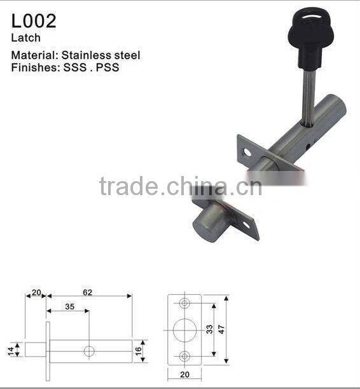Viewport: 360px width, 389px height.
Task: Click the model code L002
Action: pyautogui.click(x=33, y=21)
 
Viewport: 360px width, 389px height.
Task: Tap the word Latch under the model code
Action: pyautogui.click(x=25, y=38)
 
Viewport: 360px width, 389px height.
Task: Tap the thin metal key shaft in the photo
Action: pyautogui.click(x=307, y=89)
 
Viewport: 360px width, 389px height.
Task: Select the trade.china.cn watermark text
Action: pyautogui.click(x=180, y=187)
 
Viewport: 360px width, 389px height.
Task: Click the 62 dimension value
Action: pyautogui.click(x=88, y=292)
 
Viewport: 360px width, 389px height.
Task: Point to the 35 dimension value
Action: pyautogui.click(x=69, y=307)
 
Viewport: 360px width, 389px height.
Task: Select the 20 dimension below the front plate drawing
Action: pyautogui.click(x=184, y=374)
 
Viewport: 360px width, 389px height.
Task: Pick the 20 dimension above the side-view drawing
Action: pyautogui.click(x=36, y=292)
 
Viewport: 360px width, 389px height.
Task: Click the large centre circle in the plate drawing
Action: pyautogui.click(x=184, y=330)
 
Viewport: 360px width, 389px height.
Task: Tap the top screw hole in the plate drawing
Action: pyautogui.click(x=184, y=303)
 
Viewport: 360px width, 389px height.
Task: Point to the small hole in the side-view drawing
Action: pyautogui.click(x=89, y=350)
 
